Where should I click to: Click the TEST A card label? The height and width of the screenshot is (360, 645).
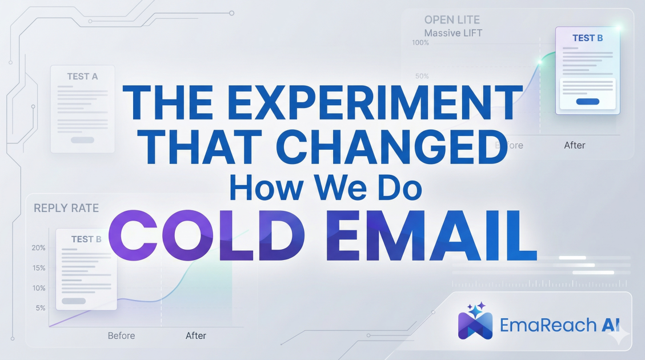click(x=82, y=77)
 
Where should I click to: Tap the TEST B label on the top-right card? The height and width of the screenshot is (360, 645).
click(x=587, y=38)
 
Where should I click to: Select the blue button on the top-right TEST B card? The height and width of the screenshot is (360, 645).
click(x=588, y=101)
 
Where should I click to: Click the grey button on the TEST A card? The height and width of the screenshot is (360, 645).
click(x=82, y=140)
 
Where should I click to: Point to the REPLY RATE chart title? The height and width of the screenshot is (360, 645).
click(x=66, y=208)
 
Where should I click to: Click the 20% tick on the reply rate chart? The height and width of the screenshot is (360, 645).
click(x=39, y=248)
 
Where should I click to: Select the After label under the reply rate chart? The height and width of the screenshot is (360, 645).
click(x=196, y=335)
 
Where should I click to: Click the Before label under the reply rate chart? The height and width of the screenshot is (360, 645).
click(x=121, y=335)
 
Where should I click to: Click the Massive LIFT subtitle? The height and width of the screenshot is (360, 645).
click(x=453, y=33)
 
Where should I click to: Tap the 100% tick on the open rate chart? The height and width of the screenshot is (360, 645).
click(x=420, y=43)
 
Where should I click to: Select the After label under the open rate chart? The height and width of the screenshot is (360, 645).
click(x=574, y=145)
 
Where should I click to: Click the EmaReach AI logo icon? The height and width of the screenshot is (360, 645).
click(x=475, y=321)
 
